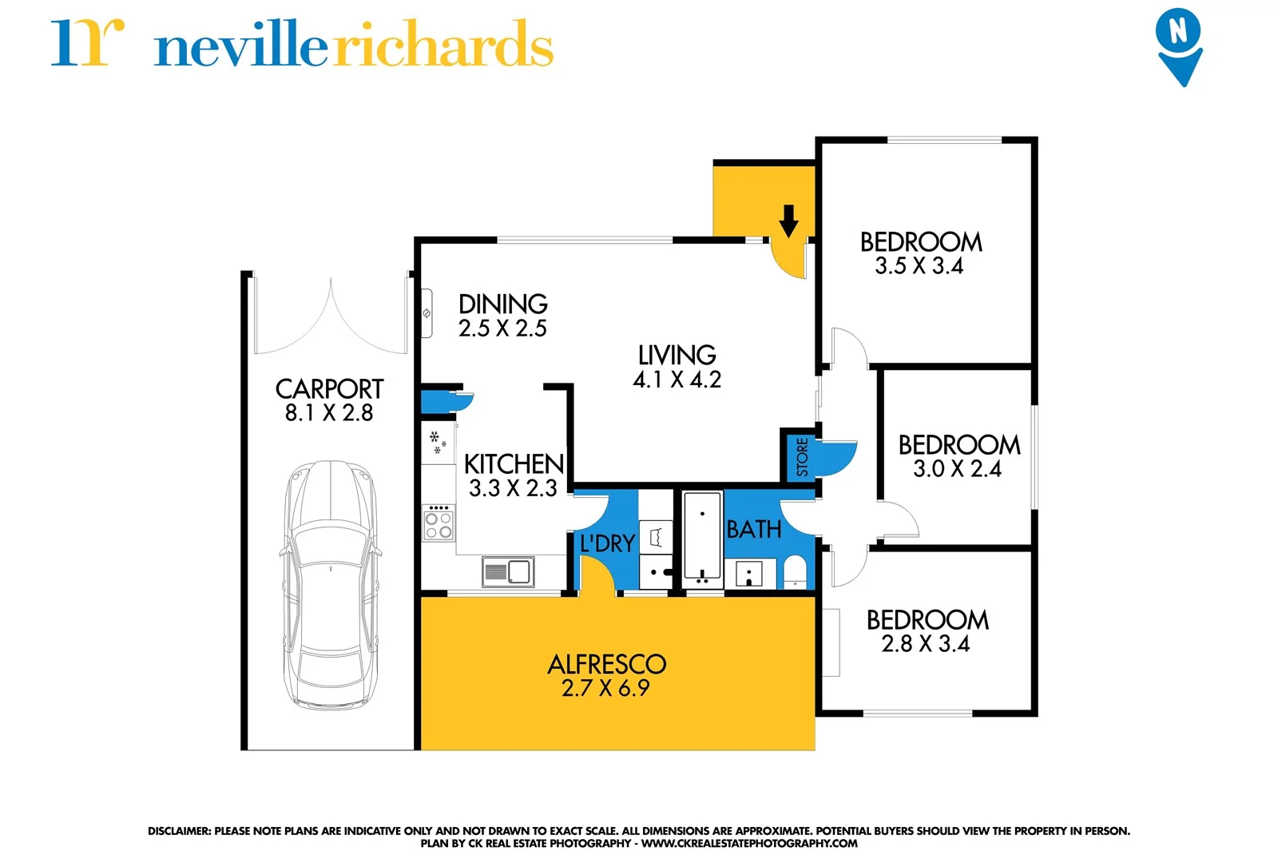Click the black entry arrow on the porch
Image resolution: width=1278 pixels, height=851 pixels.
(x=788, y=221)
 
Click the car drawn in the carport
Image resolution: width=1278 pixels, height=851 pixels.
(x=331, y=583)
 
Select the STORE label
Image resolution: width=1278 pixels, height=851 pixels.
(x=802, y=457)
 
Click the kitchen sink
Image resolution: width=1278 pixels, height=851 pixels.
(x=508, y=571)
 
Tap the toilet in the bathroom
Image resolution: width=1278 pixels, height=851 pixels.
(x=795, y=571)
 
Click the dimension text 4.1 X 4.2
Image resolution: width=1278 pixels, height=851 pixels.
(x=677, y=380)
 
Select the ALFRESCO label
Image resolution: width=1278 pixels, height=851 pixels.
(x=606, y=664)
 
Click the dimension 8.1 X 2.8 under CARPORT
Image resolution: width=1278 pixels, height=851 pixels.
(x=329, y=413)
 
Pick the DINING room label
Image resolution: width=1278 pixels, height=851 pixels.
(x=502, y=304)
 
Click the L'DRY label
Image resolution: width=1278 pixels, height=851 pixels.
(x=607, y=544)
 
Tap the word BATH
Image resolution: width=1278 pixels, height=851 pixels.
(x=753, y=529)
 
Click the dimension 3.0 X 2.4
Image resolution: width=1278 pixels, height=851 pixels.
(x=957, y=469)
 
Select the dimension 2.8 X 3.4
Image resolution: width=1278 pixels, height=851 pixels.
(x=925, y=644)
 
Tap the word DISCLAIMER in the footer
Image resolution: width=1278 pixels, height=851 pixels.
(x=178, y=831)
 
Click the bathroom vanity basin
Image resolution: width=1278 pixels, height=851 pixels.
(x=749, y=572)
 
